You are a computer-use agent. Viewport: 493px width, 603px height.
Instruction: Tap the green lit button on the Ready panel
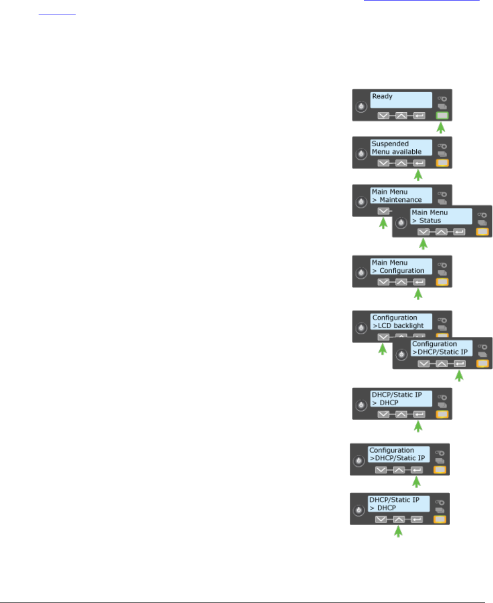click(x=442, y=116)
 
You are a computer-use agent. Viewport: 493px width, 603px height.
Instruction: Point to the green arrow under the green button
click(x=442, y=128)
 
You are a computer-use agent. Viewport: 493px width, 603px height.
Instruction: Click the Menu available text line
click(x=396, y=152)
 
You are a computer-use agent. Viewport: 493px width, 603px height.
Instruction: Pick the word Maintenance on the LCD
click(x=401, y=200)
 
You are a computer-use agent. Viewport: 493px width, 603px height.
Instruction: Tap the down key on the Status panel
click(x=423, y=232)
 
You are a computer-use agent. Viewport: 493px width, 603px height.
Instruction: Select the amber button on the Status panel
click(x=482, y=232)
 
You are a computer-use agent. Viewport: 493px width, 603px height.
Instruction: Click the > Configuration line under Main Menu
click(x=398, y=270)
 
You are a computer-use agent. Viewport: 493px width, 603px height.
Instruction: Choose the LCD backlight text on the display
click(x=398, y=325)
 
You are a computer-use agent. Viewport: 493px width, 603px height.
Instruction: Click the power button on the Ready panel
click(x=361, y=107)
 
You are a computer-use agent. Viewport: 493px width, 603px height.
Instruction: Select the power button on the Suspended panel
click(x=361, y=153)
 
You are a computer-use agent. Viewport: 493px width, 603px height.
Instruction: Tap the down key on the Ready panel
click(x=383, y=116)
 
